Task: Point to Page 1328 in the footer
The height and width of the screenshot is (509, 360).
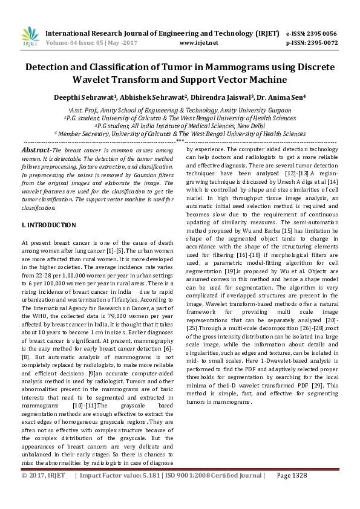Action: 292,492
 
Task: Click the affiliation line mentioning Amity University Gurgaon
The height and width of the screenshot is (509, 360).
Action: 180,111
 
